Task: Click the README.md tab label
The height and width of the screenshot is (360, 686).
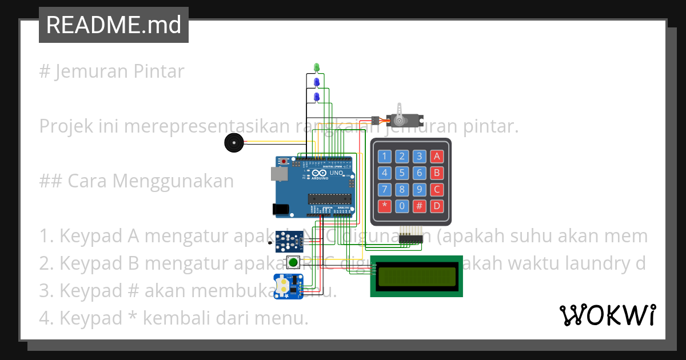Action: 113,25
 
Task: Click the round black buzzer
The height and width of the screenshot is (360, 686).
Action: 233,143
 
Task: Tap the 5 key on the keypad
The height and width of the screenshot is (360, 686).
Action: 402,173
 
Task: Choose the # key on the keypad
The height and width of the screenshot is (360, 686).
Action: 420,206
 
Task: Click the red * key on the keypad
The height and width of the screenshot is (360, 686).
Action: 385,206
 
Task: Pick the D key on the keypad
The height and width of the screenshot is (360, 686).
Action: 437,206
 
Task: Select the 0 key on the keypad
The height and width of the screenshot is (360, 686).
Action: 402,206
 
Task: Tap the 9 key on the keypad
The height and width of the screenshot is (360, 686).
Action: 420,190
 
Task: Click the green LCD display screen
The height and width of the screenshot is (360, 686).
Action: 416,276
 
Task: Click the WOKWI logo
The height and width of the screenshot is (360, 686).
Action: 607,315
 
